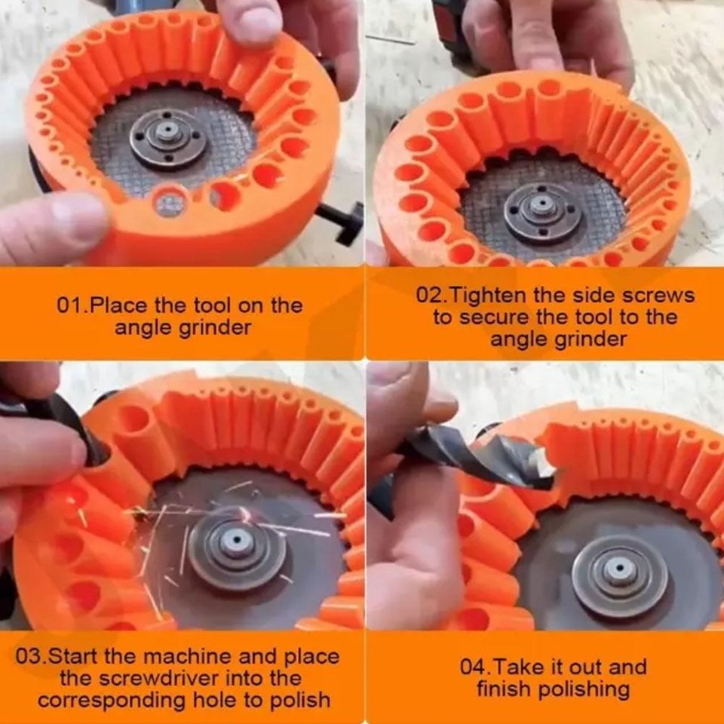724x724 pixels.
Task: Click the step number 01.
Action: click(x=72, y=306)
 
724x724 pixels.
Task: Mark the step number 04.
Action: click(x=474, y=667)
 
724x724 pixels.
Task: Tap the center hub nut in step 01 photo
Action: click(x=167, y=137)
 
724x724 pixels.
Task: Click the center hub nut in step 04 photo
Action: click(x=618, y=575)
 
